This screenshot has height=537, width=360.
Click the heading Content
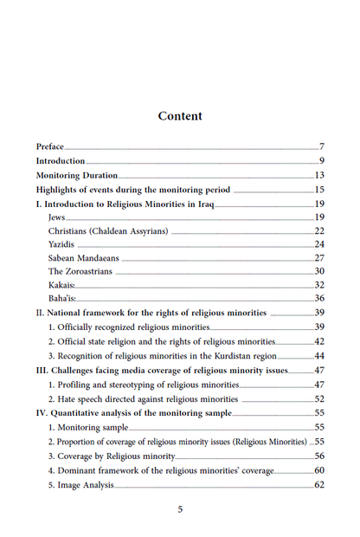[180, 116]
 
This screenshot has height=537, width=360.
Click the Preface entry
[49, 146]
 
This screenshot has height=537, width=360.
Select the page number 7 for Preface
[321, 146]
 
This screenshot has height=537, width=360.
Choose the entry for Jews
[57, 217]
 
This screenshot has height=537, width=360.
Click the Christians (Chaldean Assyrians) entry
[107, 231]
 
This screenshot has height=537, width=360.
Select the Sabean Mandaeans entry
[84, 259]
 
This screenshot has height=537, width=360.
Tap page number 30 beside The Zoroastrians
[318, 272]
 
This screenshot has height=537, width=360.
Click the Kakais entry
[62, 285]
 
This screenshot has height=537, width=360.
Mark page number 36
[318, 299]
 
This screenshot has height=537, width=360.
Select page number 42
[318, 342]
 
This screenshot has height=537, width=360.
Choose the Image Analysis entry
[81, 485]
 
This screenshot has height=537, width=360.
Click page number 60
[318, 470]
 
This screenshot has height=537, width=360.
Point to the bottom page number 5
[180, 509]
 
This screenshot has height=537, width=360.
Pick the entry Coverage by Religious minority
[112, 456]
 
